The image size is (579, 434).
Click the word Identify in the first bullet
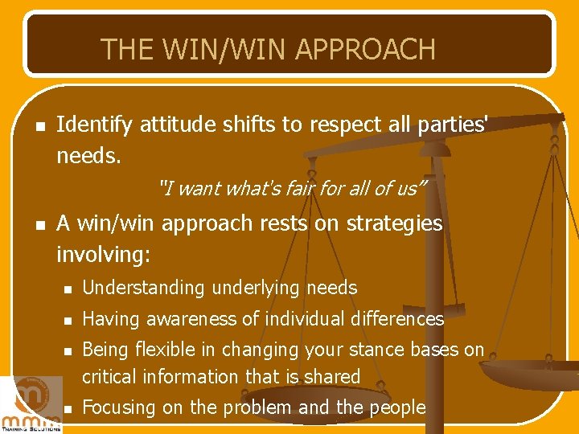pos(95,125)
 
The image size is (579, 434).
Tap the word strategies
pos(391,223)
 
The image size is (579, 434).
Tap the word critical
pos(110,376)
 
